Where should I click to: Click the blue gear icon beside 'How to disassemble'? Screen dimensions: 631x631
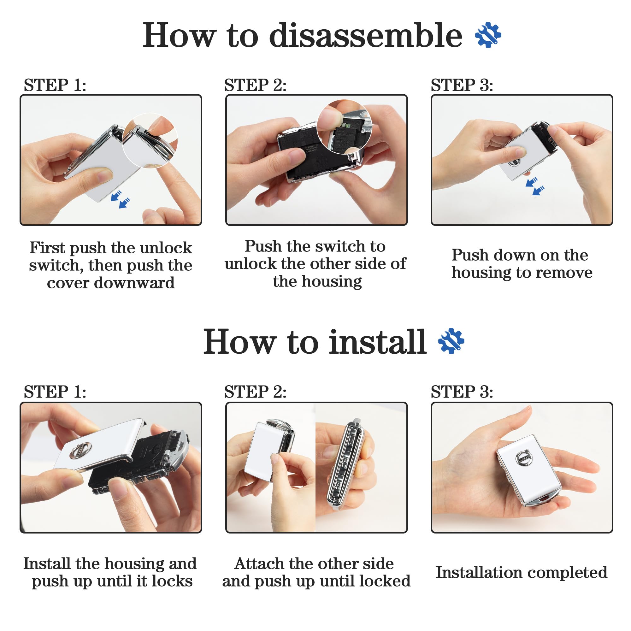[488, 35]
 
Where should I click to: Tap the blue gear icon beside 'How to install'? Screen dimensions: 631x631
[451, 341]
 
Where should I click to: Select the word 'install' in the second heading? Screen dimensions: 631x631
[378, 342]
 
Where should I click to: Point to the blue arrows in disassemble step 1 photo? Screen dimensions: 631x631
[121, 199]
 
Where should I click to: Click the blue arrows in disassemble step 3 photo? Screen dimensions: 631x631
[535, 186]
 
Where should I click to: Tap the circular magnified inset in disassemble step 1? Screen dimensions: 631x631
[150, 141]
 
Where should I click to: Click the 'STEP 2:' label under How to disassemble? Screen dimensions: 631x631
[255, 85]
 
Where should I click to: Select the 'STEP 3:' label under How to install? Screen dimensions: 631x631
[462, 392]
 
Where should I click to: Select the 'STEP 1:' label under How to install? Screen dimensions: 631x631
[55, 392]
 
